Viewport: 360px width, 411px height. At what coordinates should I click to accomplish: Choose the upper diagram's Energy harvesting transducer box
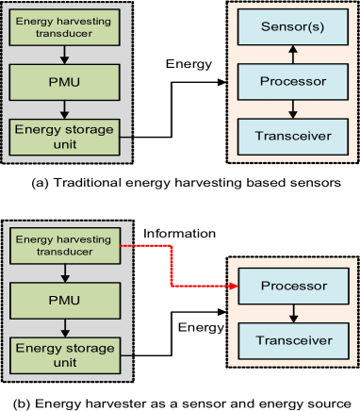point(65,25)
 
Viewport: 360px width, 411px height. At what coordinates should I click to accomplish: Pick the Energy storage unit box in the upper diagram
point(65,135)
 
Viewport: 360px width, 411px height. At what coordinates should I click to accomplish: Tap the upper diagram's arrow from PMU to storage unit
point(65,107)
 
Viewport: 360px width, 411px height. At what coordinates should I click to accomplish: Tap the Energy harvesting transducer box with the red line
point(65,247)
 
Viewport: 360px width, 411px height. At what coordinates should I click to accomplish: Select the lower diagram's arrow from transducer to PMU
point(65,274)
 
